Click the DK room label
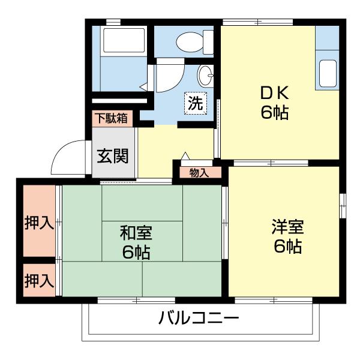point(275,94)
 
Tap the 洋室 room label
point(287,227)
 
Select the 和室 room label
point(136,232)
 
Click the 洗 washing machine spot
point(196,103)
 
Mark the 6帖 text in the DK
point(275,112)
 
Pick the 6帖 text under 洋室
point(287,246)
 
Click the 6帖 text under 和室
point(136,251)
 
